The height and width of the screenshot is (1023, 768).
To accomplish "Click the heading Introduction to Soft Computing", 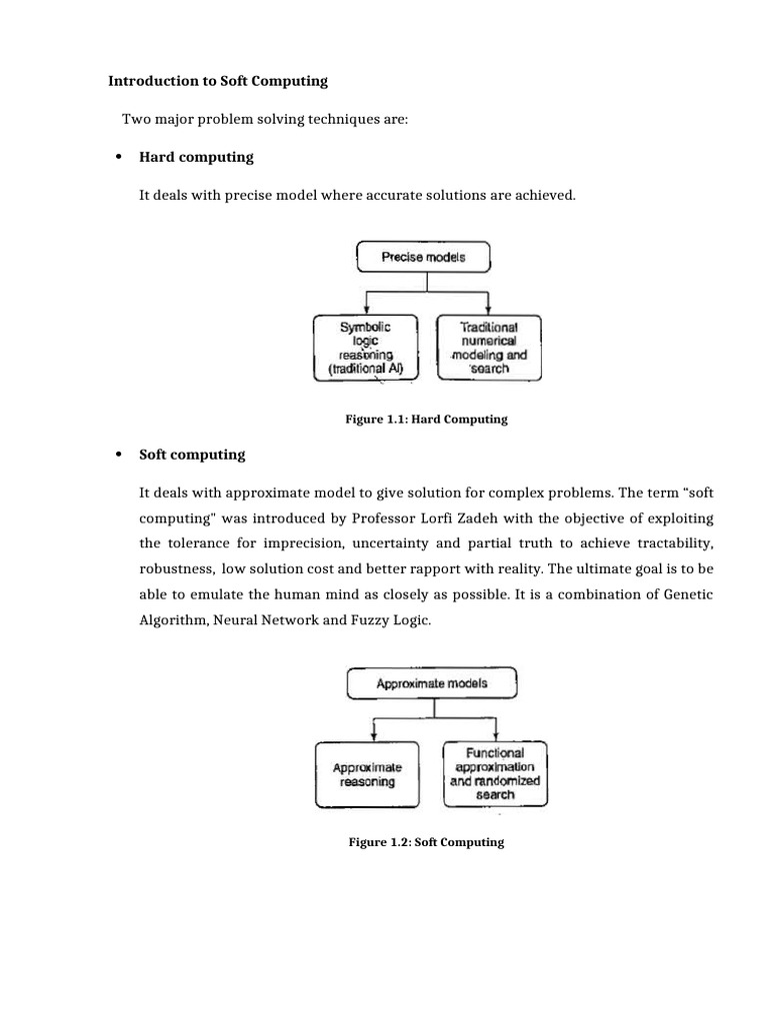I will (x=218, y=80).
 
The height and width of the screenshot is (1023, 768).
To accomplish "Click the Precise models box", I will (x=423, y=257).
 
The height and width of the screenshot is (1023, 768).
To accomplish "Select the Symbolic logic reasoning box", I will (x=363, y=348).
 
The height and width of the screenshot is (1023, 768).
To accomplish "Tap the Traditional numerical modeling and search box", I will (x=489, y=348).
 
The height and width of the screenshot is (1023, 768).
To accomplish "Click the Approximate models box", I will (x=431, y=684).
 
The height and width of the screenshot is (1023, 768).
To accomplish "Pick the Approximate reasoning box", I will (x=367, y=774).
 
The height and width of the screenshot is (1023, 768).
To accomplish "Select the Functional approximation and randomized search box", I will (x=495, y=773).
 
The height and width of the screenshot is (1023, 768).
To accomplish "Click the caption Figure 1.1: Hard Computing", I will (x=426, y=420).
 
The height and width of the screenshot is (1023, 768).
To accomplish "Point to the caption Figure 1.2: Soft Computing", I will (x=426, y=842).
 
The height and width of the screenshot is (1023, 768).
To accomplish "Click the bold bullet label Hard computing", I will (x=196, y=157).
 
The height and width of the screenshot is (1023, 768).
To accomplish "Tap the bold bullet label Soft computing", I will (x=192, y=455).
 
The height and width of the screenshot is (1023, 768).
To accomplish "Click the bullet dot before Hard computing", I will (x=118, y=158).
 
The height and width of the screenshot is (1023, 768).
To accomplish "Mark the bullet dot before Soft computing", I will (x=118, y=456).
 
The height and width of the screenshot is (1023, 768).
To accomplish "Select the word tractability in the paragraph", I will (x=673, y=543).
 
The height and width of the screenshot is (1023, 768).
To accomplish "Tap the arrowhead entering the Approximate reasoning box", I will (x=372, y=737).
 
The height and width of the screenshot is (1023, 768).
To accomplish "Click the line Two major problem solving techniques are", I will (x=265, y=120).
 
